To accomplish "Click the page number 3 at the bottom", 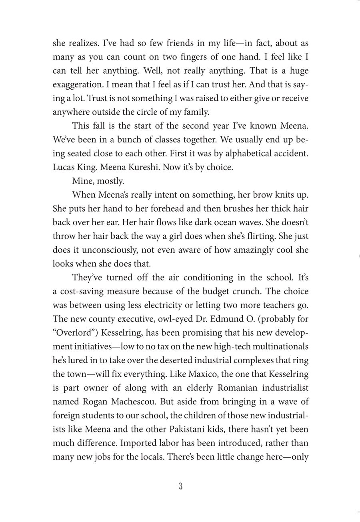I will click(x=180, y=486).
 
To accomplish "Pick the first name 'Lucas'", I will click(x=64, y=167).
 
